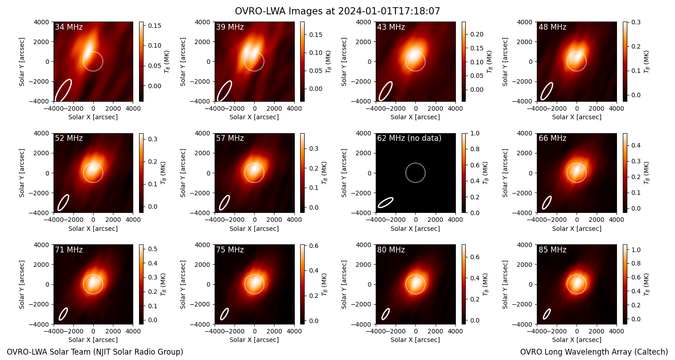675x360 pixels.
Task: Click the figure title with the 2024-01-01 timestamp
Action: [337, 11]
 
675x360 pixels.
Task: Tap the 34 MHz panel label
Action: [69, 27]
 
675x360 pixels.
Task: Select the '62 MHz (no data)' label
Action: [409, 138]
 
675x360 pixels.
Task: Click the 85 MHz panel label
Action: [552, 250]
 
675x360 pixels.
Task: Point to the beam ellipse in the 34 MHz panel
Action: [63, 90]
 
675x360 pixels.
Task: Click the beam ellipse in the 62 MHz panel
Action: [386, 202]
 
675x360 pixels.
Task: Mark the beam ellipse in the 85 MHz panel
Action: [547, 314]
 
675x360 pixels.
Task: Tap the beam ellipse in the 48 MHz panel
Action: [547, 91]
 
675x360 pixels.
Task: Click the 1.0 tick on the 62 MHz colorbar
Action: [475, 134]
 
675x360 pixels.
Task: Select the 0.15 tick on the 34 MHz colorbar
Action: [155, 26]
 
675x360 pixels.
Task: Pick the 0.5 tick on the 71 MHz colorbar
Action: [153, 249]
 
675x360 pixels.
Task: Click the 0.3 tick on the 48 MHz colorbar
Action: [636, 22]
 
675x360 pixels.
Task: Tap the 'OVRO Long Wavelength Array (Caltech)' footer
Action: [594, 352]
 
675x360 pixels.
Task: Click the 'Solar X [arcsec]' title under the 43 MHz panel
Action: [415, 117]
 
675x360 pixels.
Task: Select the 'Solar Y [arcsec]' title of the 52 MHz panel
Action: [22, 173]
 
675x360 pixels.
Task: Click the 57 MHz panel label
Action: [230, 138]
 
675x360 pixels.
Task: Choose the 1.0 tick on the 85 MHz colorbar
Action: [636, 250]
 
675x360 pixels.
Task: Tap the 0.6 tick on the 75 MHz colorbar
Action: [314, 246]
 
